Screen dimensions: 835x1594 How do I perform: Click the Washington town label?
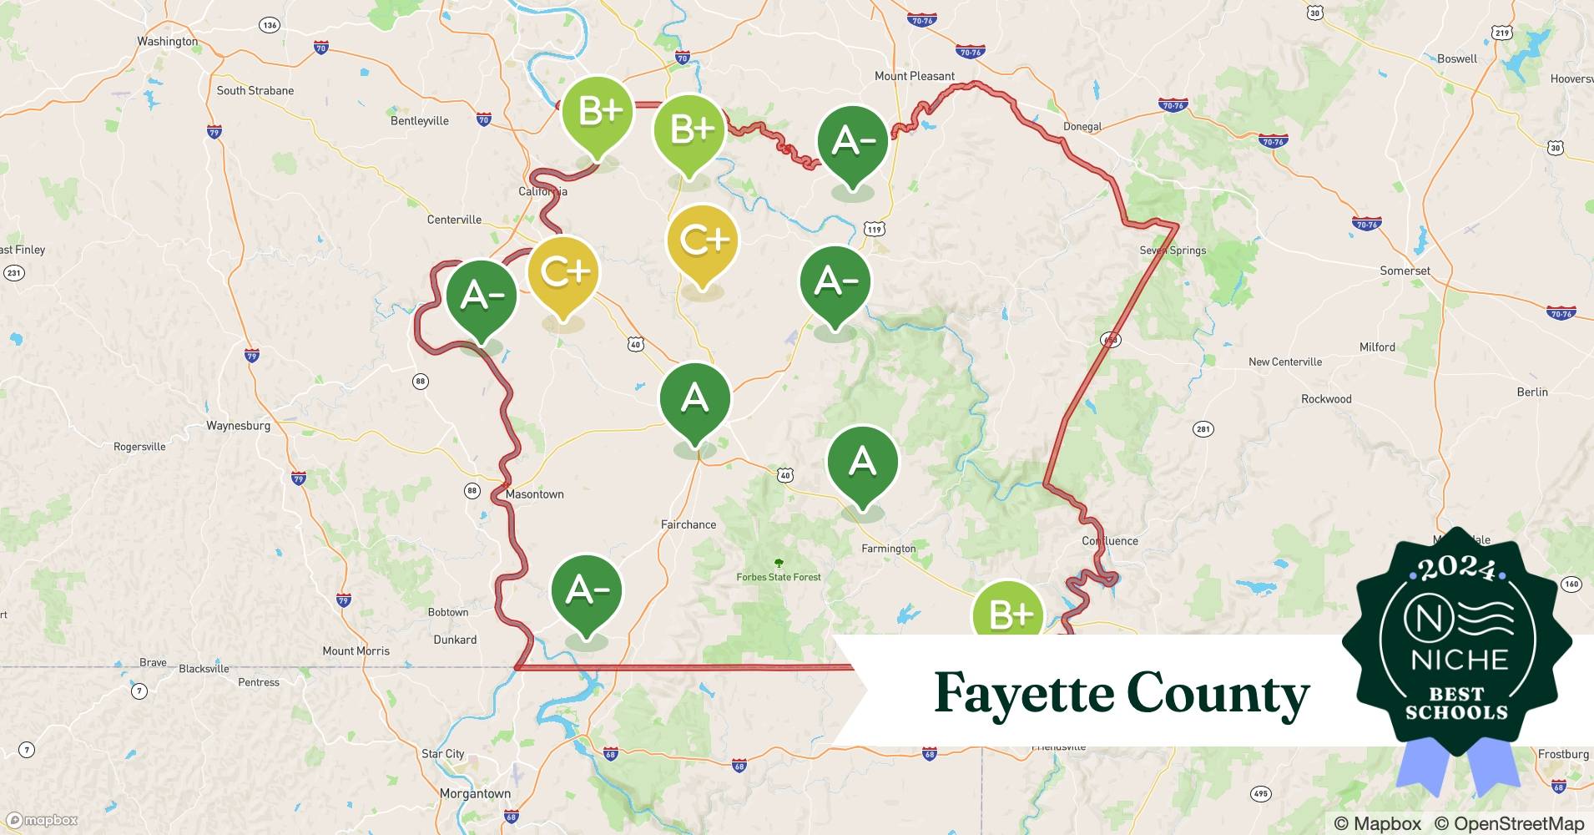[168, 41]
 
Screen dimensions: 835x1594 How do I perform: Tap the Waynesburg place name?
[238, 425]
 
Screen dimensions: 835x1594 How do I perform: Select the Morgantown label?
[475, 793]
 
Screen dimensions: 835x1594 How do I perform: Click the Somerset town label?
[1405, 271]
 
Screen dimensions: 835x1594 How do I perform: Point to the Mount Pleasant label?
[914, 76]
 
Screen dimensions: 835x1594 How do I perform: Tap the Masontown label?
[534, 494]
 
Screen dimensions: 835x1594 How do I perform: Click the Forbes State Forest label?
[778, 577]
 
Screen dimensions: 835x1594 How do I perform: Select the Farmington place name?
[888, 549]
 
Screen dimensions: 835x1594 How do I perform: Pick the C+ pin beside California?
[564, 274]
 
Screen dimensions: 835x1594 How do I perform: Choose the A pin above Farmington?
[862, 463]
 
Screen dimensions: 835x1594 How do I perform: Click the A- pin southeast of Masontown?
[587, 591]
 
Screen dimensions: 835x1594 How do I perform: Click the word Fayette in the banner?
[1023, 694]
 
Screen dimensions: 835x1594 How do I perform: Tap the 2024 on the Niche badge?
[1456, 569]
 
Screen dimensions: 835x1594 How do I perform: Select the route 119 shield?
[873, 229]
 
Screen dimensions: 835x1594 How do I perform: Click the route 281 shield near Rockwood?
[1203, 429]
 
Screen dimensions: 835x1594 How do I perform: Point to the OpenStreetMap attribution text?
[1509, 823]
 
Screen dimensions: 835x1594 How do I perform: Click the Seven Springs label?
[1173, 250]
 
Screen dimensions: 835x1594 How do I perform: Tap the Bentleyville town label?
[419, 121]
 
